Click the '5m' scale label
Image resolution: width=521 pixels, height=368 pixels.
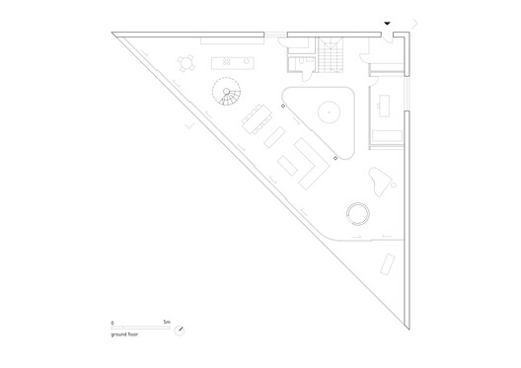click(168, 322)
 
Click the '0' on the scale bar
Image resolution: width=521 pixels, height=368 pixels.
click(113, 322)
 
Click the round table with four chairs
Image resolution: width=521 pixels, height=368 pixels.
click(186, 62)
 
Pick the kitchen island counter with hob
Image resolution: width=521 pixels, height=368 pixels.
click(230, 62)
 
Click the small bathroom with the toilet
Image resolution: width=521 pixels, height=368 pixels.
click(299, 63)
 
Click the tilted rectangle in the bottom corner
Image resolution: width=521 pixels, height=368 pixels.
click(387, 263)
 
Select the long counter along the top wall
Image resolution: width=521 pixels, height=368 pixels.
click(233, 40)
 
